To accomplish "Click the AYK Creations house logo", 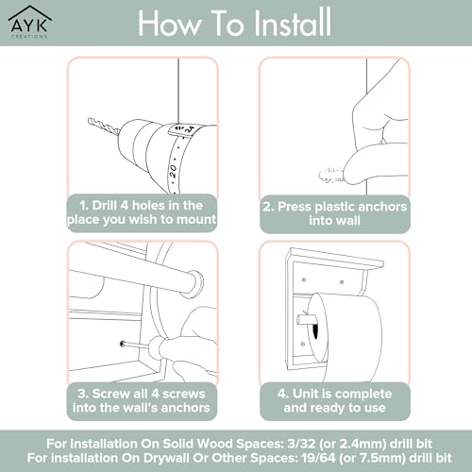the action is [30, 22].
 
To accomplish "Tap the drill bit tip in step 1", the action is [90, 121].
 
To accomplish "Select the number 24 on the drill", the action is [190, 128].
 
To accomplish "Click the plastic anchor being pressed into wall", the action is [330, 176].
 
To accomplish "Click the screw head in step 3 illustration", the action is [123, 344].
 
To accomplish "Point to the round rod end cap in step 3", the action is [194, 284].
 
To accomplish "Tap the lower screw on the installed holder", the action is [303, 345].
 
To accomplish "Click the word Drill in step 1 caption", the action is [105, 206].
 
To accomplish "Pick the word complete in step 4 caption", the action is [361, 395].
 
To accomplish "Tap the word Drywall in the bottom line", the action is [165, 458].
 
